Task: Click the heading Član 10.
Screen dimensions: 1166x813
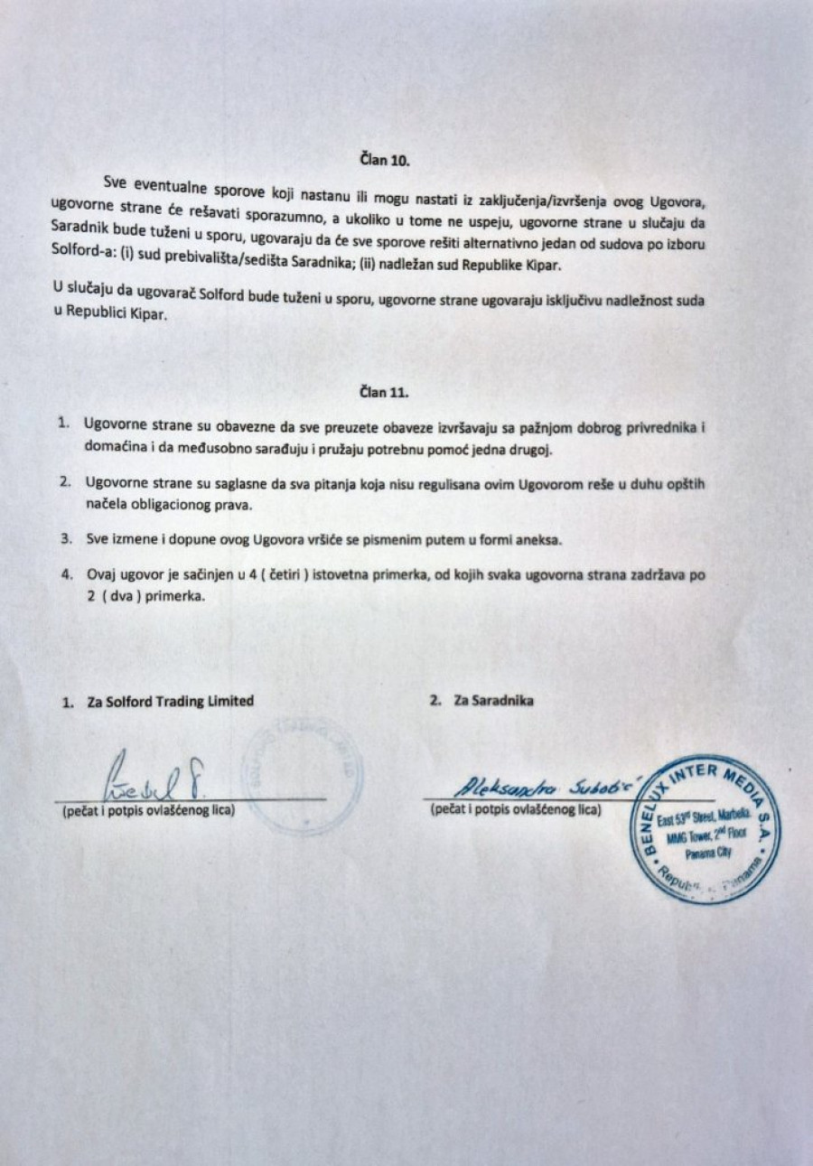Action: pyautogui.click(x=386, y=162)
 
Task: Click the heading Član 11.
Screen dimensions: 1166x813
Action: pyautogui.click(x=384, y=393)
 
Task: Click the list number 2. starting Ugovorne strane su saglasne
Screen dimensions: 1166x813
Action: pyautogui.click(x=65, y=483)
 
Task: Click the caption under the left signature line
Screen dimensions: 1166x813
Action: pyautogui.click(x=148, y=810)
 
